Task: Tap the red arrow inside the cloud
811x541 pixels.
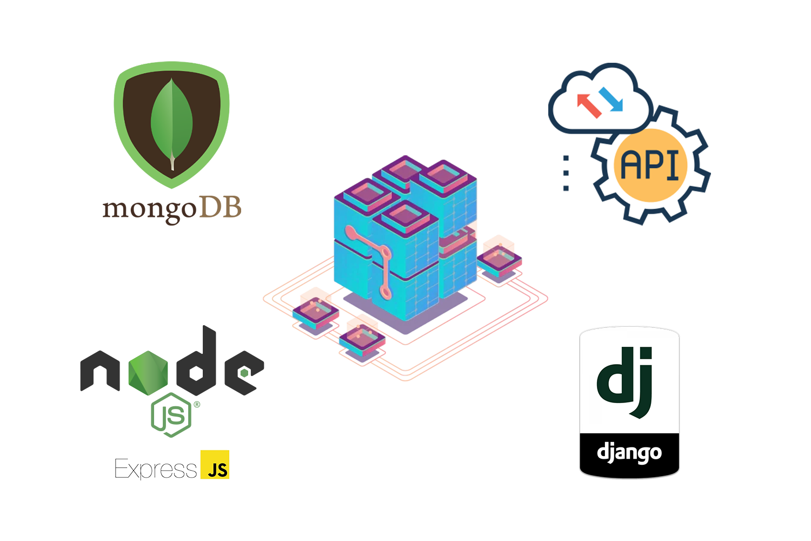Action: pos(588,105)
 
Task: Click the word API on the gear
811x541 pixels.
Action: pos(650,164)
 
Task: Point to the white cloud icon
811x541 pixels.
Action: pos(600,103)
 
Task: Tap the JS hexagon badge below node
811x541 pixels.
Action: pos(171,415)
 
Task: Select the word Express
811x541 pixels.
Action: pos(156,468)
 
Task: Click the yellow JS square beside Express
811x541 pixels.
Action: pos(215,465)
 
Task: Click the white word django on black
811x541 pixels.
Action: pos(629,453)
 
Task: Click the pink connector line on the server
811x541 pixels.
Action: pos(383,260)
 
